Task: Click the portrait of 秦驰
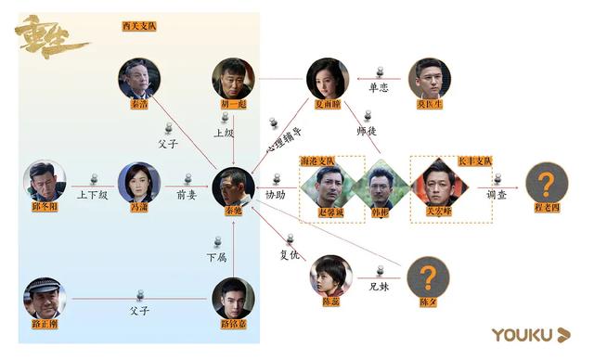(x=233, y=186)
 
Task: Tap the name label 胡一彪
(x=232, y=105)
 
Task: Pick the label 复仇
(x=290, y=252)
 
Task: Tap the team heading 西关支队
(x=139, y=27)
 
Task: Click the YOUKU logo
(x=530, y=334)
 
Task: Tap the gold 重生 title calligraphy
(x=52, y=37)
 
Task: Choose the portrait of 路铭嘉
(x=233, y=299)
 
